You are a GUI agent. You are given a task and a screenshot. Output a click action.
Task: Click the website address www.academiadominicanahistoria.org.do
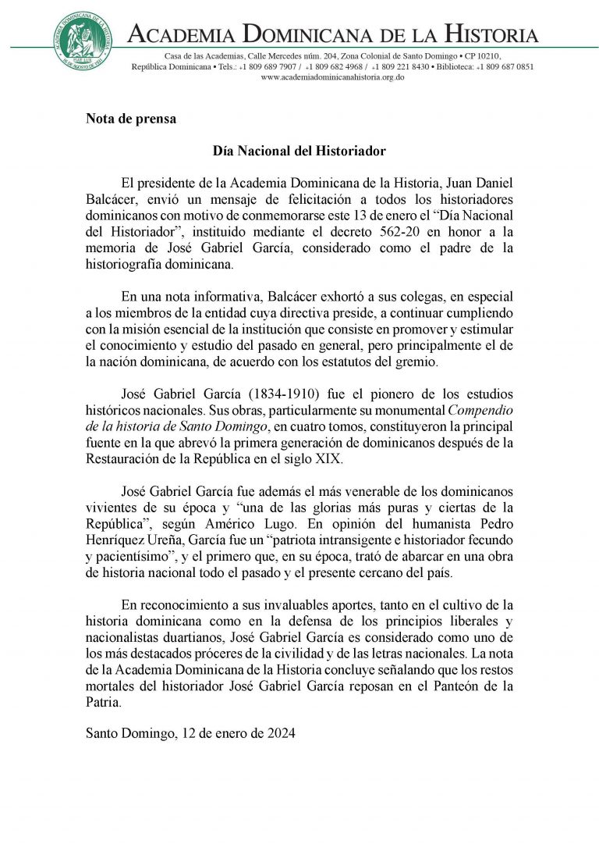click(332, 77)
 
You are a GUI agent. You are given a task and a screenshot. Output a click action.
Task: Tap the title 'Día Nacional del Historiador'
click(299, 149)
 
